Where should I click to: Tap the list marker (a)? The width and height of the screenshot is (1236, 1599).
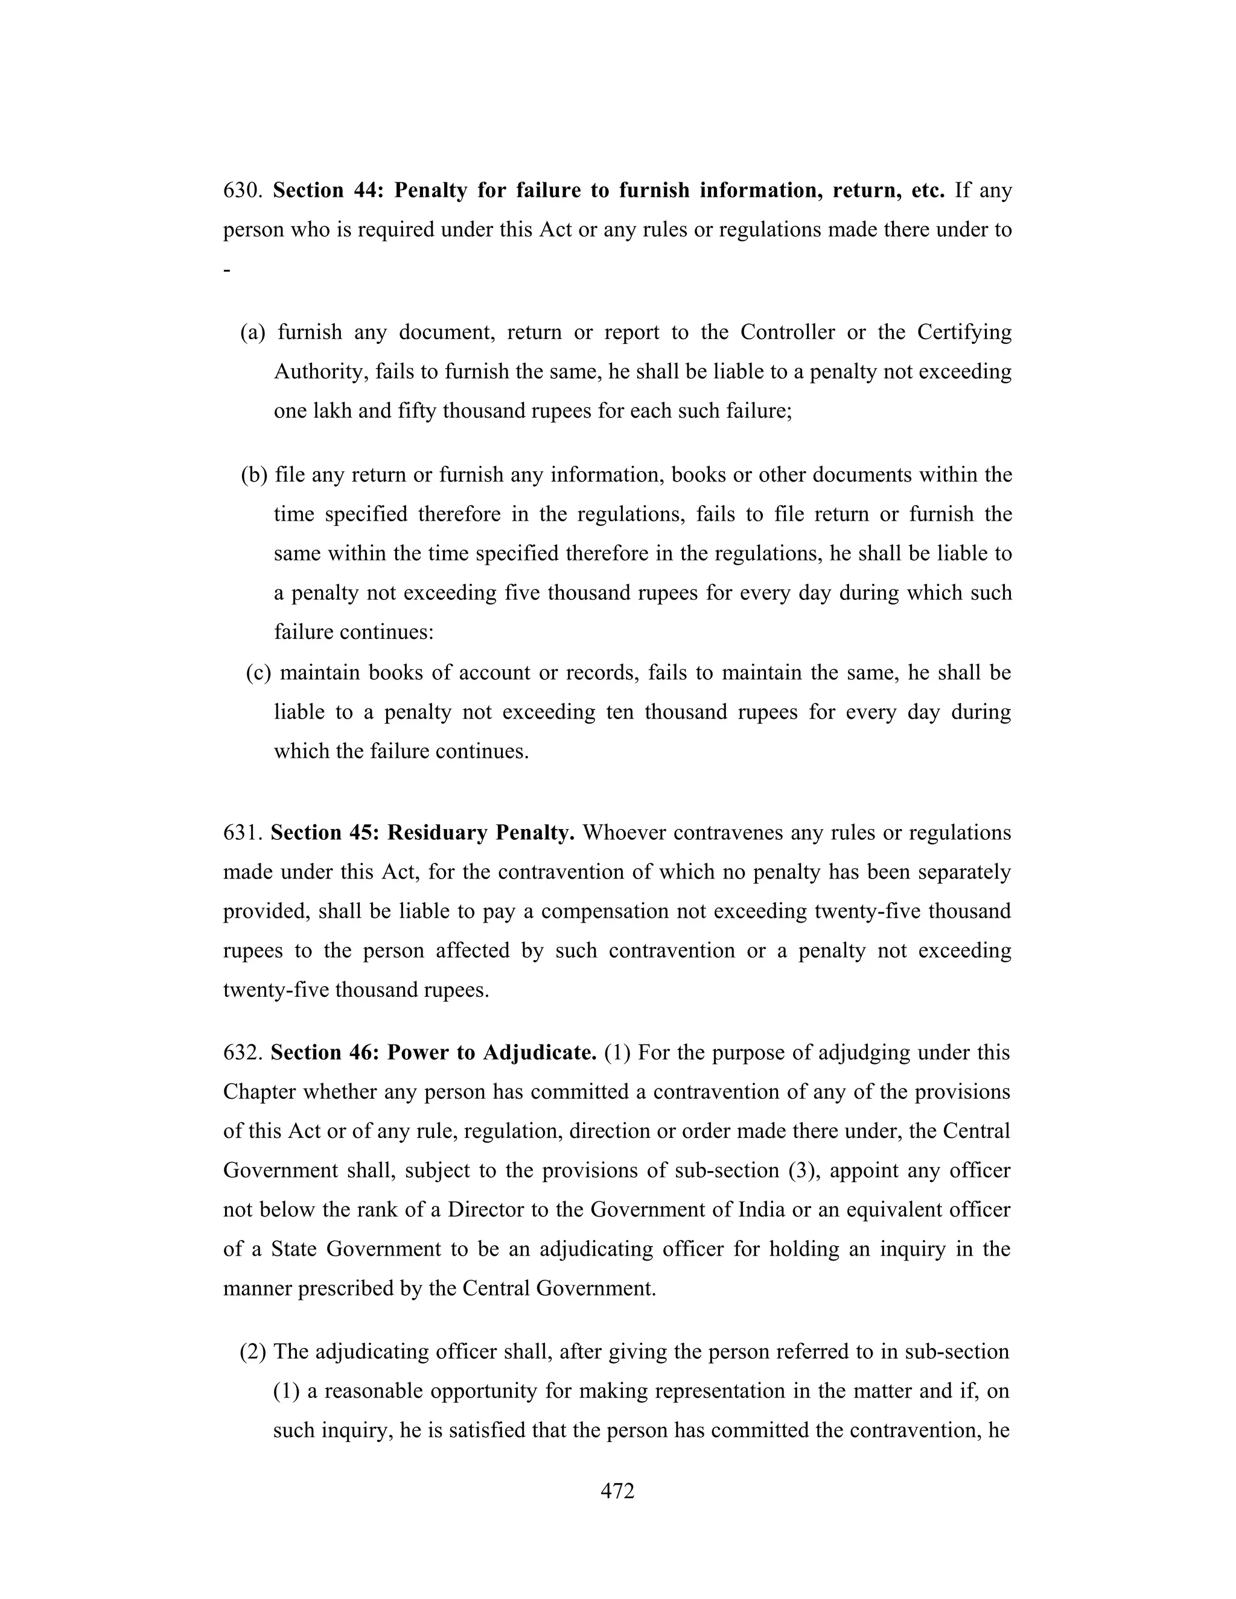pos(253,333)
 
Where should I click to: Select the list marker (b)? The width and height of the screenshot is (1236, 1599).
pos(254,475)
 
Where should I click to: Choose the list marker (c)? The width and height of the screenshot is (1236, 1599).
pos(258,673)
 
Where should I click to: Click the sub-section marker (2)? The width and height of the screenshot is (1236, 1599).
pos(253,1352)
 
